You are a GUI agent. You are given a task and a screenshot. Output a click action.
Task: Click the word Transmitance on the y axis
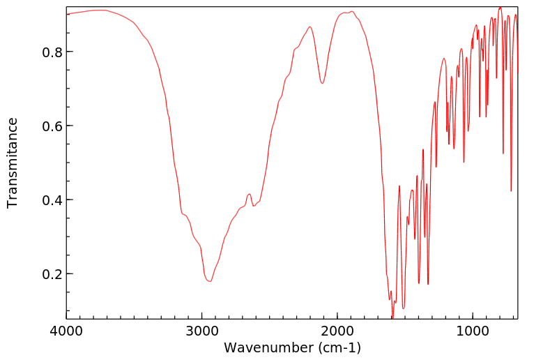[x=13, y=163]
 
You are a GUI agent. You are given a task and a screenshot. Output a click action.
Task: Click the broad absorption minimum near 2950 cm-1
[x=209, y=281]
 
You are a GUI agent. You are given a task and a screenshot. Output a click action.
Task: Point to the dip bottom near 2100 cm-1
[x=322, y=84]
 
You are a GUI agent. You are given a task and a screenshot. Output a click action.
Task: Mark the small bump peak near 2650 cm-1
[x=249, y=194]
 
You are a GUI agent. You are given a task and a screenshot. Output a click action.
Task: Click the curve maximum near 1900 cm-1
[x=352, y=12]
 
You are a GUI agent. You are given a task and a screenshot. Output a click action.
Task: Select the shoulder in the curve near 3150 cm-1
[x=183, y=214]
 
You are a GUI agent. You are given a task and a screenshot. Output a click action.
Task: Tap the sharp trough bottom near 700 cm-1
[x=511, y=190]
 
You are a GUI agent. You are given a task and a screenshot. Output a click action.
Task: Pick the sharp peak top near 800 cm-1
[x=500, y=8]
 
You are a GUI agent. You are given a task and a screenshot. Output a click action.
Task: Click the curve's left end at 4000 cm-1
[x=68, y=14]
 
